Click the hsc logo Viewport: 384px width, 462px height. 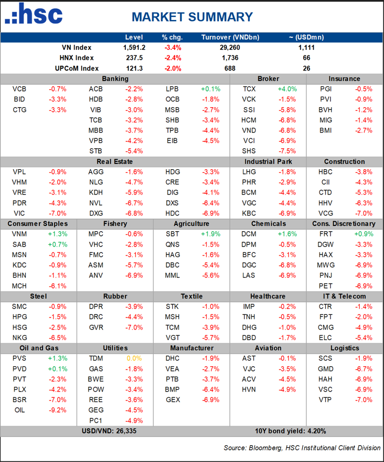(x=34, y=15)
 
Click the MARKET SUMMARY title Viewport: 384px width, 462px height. (x=192, y=17)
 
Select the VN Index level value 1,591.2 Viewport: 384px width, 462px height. (x=134, y=48)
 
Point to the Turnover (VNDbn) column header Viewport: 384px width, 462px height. (x=230, y=37)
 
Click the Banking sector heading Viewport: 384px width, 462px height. (x=115, y=78)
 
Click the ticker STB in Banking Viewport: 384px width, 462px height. (x=95, y=151)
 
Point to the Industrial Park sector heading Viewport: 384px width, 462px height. (x=268, y=161)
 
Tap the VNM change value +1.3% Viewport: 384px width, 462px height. (x=58, y=234)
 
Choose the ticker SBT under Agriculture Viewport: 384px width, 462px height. (x=172, y=234)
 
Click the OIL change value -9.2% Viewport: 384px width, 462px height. (x=58, y=410)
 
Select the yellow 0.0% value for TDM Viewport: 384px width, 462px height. (x=133, y=358)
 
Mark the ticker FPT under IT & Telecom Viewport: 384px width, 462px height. (x=325, y=317)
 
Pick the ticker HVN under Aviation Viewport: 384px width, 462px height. (x=249, y=389)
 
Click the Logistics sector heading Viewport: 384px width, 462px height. (x=345, y=348)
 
